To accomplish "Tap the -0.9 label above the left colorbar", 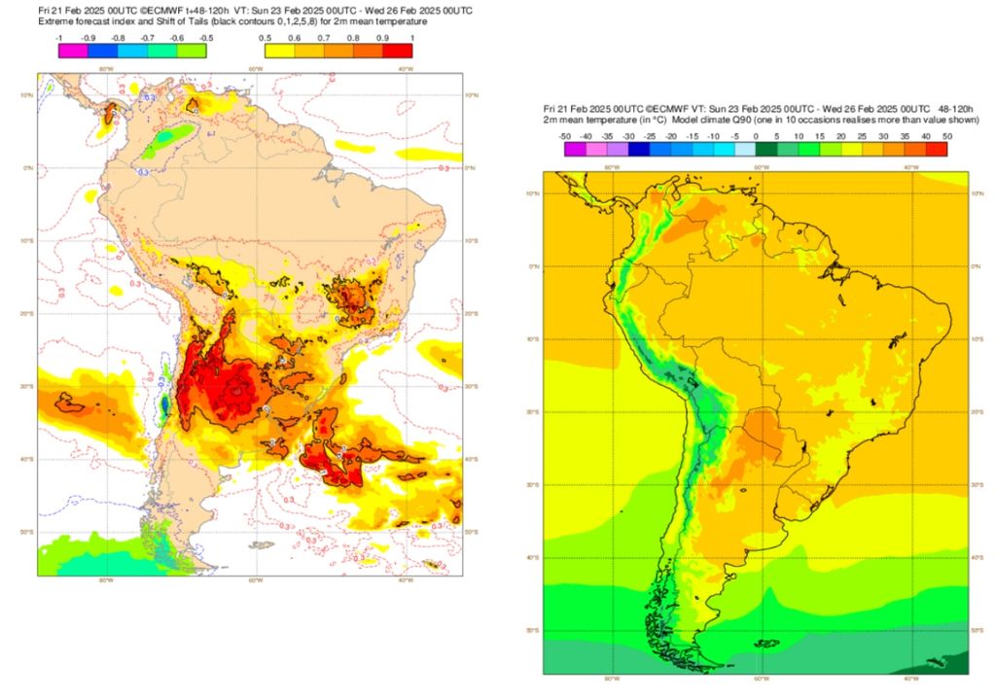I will pos(89,38).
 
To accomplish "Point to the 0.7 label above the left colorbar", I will pos(324,38).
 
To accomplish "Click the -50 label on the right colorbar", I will pos(564,136).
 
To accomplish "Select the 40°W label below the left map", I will pos(403,580).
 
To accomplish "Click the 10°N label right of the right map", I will pos(978,192).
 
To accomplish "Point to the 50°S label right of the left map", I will pos(470,532).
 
